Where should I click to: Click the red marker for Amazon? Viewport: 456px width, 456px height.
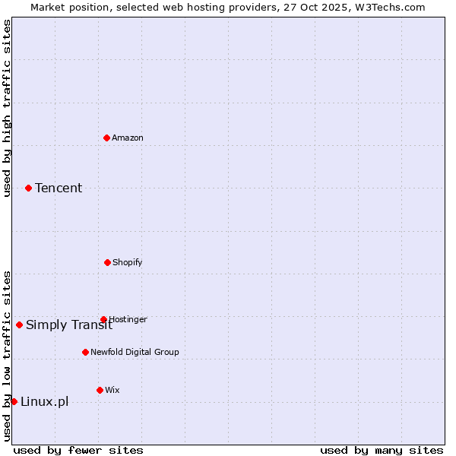[x=106, y=138]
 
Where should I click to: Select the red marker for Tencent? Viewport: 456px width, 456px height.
[x=28, y=188]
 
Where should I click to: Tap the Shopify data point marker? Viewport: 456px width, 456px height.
[x=107, y=262]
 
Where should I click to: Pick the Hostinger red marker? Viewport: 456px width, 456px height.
[x=103, y=319]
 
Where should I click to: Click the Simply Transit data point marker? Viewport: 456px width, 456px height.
[x=19, y=325]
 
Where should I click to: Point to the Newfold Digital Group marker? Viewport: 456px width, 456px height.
[x=85, y=352]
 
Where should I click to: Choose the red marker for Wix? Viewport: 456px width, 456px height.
[x=100, y=390]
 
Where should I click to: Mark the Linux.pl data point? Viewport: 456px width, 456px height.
[x=14, y=401]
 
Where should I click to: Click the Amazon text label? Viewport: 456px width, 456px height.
[x=128, y=138]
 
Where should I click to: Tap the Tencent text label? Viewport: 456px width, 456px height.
[x=59, y=188]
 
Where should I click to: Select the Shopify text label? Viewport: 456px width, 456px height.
[x=128, y=262]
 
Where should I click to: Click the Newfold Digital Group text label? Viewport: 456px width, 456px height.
[x=135, y=352]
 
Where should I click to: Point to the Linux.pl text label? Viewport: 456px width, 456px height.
[x=44, y=401]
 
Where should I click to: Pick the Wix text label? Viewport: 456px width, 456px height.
[x=112, y=390]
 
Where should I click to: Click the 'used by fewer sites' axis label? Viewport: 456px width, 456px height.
[x=78, y=450]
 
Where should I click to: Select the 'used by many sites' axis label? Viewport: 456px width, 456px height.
[x=382, y=450]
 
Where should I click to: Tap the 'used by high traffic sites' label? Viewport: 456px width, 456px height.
[x=7, y=108]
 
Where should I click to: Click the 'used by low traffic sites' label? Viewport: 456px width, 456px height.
[x=7, y=355]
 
